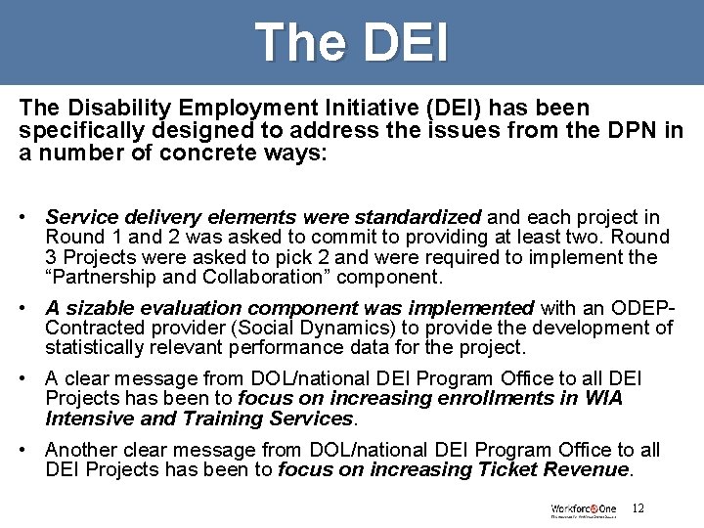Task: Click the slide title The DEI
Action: (352, 43)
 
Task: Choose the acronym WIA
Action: (603, 398)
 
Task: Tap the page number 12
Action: (638, 508)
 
